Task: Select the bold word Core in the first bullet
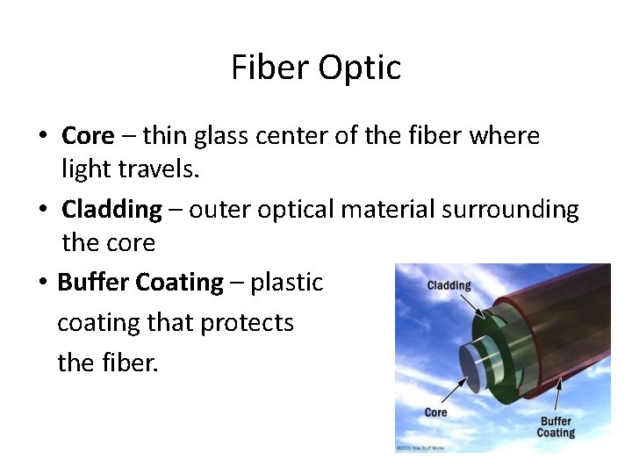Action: [88, 136]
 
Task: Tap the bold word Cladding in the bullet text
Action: [111, 210]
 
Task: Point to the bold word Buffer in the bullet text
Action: [93, 283]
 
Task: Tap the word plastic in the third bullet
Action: [286, 283]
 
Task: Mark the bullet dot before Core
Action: [42, 137]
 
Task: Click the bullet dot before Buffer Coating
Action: [42, 284]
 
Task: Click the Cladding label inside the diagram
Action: [449, 285]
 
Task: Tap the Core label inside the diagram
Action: [435, 413]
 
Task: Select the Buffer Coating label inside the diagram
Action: [556, 427]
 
